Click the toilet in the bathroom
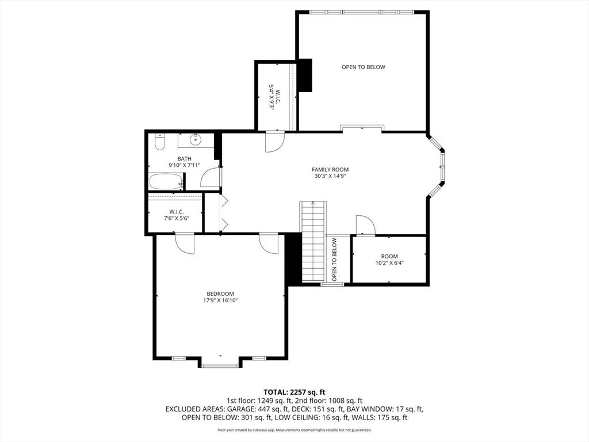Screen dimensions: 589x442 [x=160, y=142]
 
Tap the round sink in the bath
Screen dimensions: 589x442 [x=196, y=140]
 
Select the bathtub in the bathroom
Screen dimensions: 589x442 [x=166, y=181]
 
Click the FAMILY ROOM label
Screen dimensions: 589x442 [x=330, y=170]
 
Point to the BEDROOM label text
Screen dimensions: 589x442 [x=220, y=294]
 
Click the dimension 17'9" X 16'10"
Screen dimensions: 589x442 [x=220, y=300]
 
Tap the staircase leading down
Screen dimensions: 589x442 [x=313, y=241]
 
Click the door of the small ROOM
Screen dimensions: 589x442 [x=365, y=225]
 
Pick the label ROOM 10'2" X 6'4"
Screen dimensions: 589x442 [x=389, y=260]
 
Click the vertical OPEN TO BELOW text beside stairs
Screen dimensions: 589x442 [x=334, y=260]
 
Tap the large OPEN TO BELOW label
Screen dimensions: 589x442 [x=364, y=67]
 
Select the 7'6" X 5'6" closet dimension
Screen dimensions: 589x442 [x=176, y=218]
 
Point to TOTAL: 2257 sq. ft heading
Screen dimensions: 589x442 [x=294, y=393]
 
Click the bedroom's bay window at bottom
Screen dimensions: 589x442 [x=220, y=365]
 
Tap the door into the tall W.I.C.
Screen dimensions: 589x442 [x=274, y=142]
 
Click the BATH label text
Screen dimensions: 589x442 [x=185, y=159]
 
